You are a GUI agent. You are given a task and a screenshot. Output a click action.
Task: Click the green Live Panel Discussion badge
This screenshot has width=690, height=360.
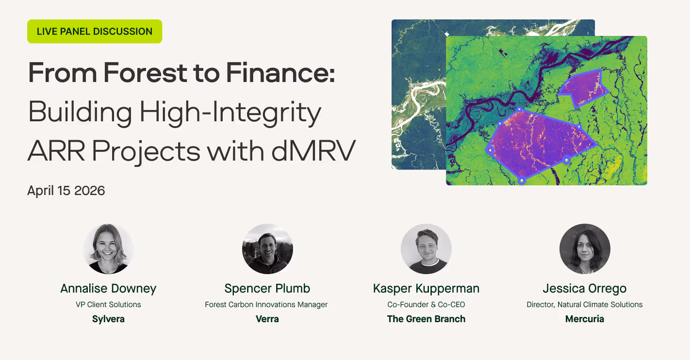(x=95, y=32)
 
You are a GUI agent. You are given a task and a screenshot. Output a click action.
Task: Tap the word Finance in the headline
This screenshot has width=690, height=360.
(x=280, y=73)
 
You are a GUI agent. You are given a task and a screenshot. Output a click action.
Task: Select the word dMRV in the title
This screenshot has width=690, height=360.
(x=313, y=151)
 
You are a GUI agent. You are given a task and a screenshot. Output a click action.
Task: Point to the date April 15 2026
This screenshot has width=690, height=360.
(x=66, y=191)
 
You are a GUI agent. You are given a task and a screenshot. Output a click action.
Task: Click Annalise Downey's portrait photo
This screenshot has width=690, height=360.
(x=108, y=249)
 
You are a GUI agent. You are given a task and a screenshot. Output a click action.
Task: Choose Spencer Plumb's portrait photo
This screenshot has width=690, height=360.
(x=267, y=249)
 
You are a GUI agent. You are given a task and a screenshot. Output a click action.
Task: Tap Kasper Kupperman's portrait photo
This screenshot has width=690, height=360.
(x=426, y=249)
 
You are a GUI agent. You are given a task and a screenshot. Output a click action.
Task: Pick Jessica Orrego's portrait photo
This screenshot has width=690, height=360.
(x=585, y=249)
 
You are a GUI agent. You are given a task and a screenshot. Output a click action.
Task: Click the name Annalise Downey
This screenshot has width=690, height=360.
(x=108, y=289)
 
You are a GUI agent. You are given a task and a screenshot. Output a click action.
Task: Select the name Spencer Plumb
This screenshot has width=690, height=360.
(x=267, y=289)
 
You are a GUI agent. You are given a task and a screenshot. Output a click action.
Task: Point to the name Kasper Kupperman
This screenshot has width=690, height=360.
(x=427, y=289)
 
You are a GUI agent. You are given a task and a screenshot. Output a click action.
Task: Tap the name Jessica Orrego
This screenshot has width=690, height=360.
(x=585, y=289)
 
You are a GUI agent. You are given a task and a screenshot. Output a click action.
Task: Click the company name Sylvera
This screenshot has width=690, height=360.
(x=108, y=319)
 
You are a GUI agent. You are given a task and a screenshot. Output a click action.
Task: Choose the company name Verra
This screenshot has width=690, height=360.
(x=267, y=319)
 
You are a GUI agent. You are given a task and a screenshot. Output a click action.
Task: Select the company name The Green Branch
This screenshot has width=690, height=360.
(x=427, y=319)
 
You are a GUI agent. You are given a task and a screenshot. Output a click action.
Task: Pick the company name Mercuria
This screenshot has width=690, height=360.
(x=585, y=319)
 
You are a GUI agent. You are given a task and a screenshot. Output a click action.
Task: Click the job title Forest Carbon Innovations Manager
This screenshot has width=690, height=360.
(x=266, y=305)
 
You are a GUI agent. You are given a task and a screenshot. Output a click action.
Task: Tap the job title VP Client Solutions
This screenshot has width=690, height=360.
(x=108, y=305)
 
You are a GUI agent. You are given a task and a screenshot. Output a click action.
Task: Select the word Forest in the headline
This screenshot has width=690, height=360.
(x=145, y=73)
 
